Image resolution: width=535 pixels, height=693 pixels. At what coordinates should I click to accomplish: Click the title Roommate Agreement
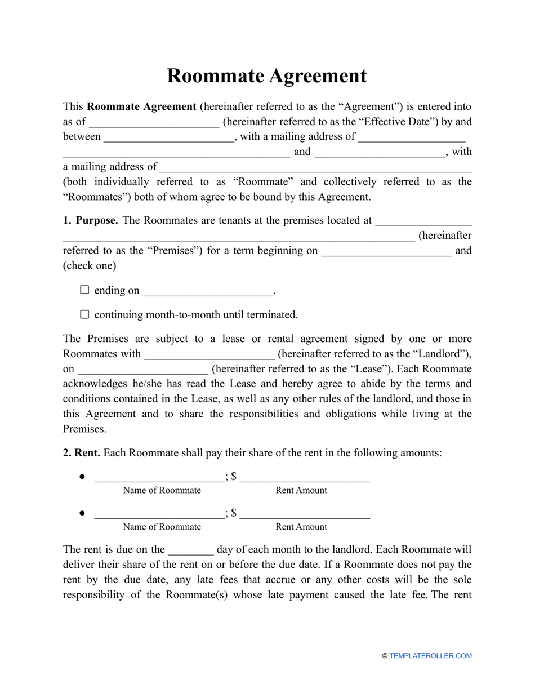[x=266, y=76]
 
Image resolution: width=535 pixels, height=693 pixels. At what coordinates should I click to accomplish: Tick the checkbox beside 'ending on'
[x=84, y=290]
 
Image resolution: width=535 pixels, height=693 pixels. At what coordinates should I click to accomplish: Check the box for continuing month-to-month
[x=84, y=314]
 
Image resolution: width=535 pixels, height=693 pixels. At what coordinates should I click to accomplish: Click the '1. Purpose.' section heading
[x=90, y=220]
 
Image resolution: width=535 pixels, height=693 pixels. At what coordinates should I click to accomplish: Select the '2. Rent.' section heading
[x=82, y=452]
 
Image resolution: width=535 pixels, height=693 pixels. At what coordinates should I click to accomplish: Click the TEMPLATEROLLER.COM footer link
[x=430, y=656]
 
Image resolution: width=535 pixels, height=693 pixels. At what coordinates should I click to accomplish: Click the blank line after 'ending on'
[x=207, y=292]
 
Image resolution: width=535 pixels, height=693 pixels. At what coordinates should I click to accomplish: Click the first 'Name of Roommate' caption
[x=162, y=490]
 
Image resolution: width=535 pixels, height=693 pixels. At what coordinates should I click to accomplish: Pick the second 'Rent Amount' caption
[x=301, y=527]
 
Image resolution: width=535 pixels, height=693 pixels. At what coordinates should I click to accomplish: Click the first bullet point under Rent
[x=82, y=477]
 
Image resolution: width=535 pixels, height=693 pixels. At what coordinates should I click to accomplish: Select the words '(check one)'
[x=90, y=265]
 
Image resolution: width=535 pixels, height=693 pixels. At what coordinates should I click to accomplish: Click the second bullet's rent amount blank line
[x=305, y=514]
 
